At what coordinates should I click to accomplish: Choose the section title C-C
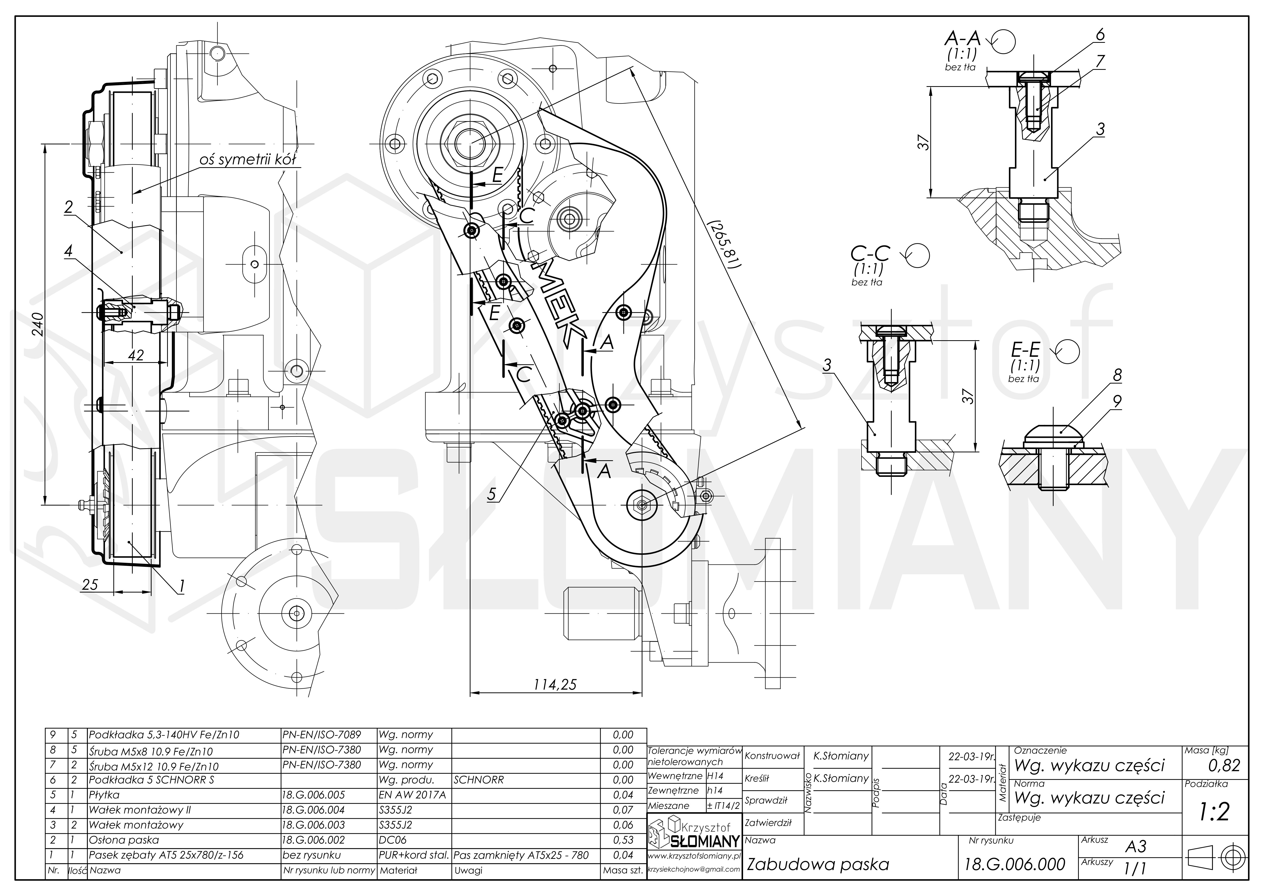(x=870, y=253)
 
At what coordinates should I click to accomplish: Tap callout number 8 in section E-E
(x=1117, y=375)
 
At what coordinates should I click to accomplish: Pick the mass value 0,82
(x=1224, y=765)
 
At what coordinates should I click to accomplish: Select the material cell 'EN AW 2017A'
(x=412, y=795)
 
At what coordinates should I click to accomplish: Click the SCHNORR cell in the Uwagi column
(x=478, y=780)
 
